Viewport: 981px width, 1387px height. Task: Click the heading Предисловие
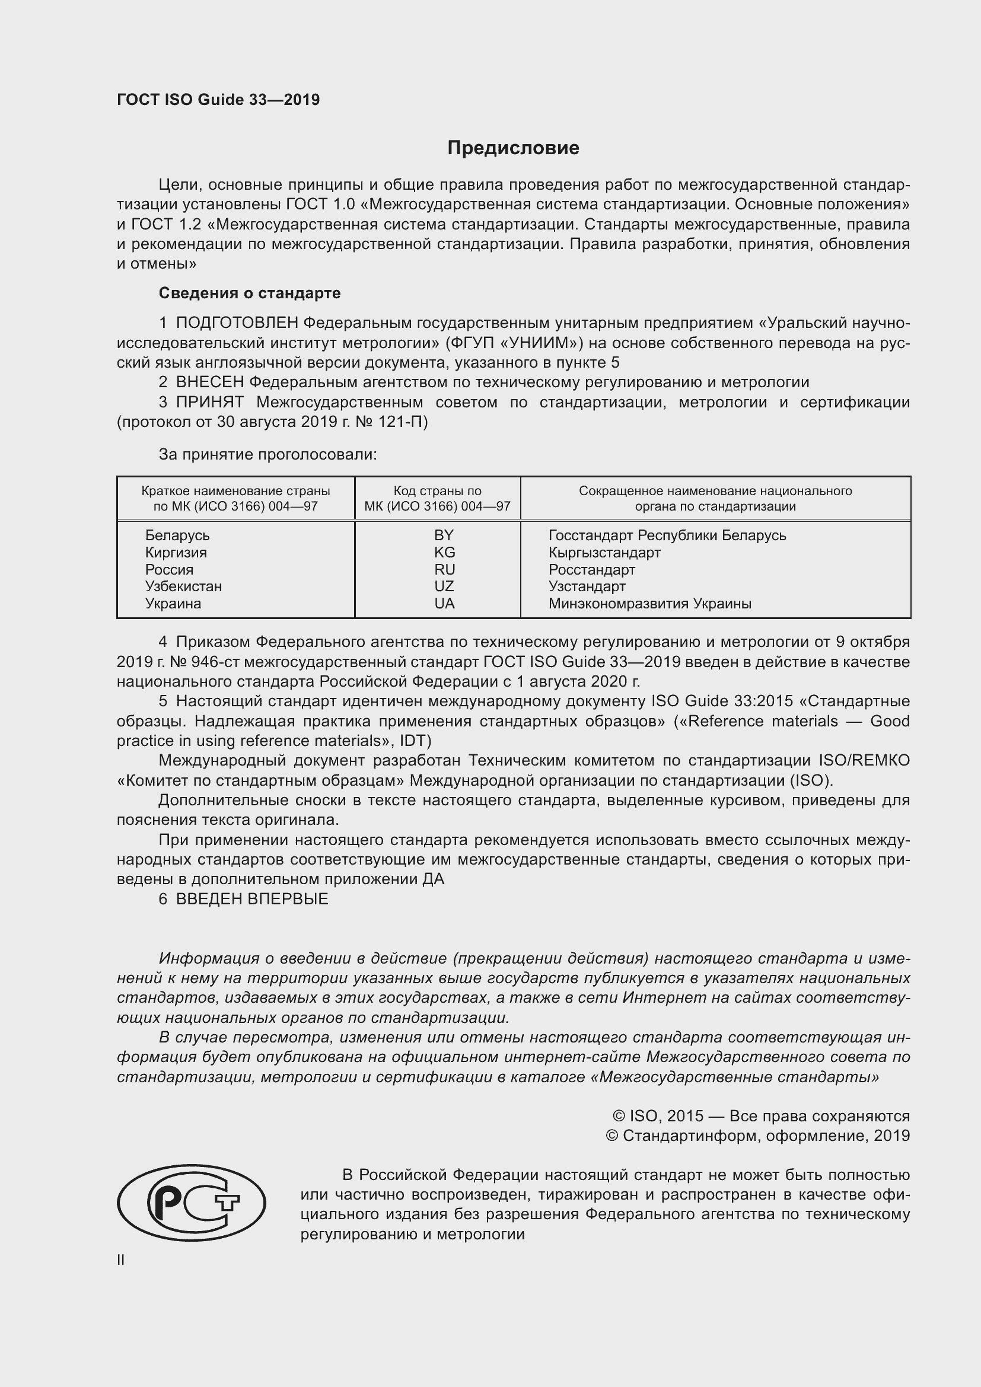[x=513, y=148]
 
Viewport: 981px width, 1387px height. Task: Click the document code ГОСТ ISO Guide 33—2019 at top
[x=218, y=100]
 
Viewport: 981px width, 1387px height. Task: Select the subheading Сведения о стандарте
[x=250, y=293]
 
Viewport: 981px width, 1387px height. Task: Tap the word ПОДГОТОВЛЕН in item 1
[x=237, y=323]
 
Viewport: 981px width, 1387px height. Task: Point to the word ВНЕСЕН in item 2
[x=210, y=382]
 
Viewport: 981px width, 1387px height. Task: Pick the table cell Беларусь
[x=177, y=535]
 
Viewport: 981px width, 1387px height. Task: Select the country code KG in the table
[x=444, y=552]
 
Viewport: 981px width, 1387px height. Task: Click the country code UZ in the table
[x=444, y=586]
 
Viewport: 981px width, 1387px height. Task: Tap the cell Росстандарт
[x=591, y=570]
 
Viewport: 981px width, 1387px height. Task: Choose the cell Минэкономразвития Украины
[x=649, y=604]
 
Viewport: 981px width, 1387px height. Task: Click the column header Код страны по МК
[x=437, y=498]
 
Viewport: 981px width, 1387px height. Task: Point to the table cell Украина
[x=173, y=604]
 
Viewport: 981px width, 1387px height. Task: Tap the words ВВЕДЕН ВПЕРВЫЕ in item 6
[x=252, y=899]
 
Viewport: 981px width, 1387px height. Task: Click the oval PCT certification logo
[x=192, y=1203]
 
